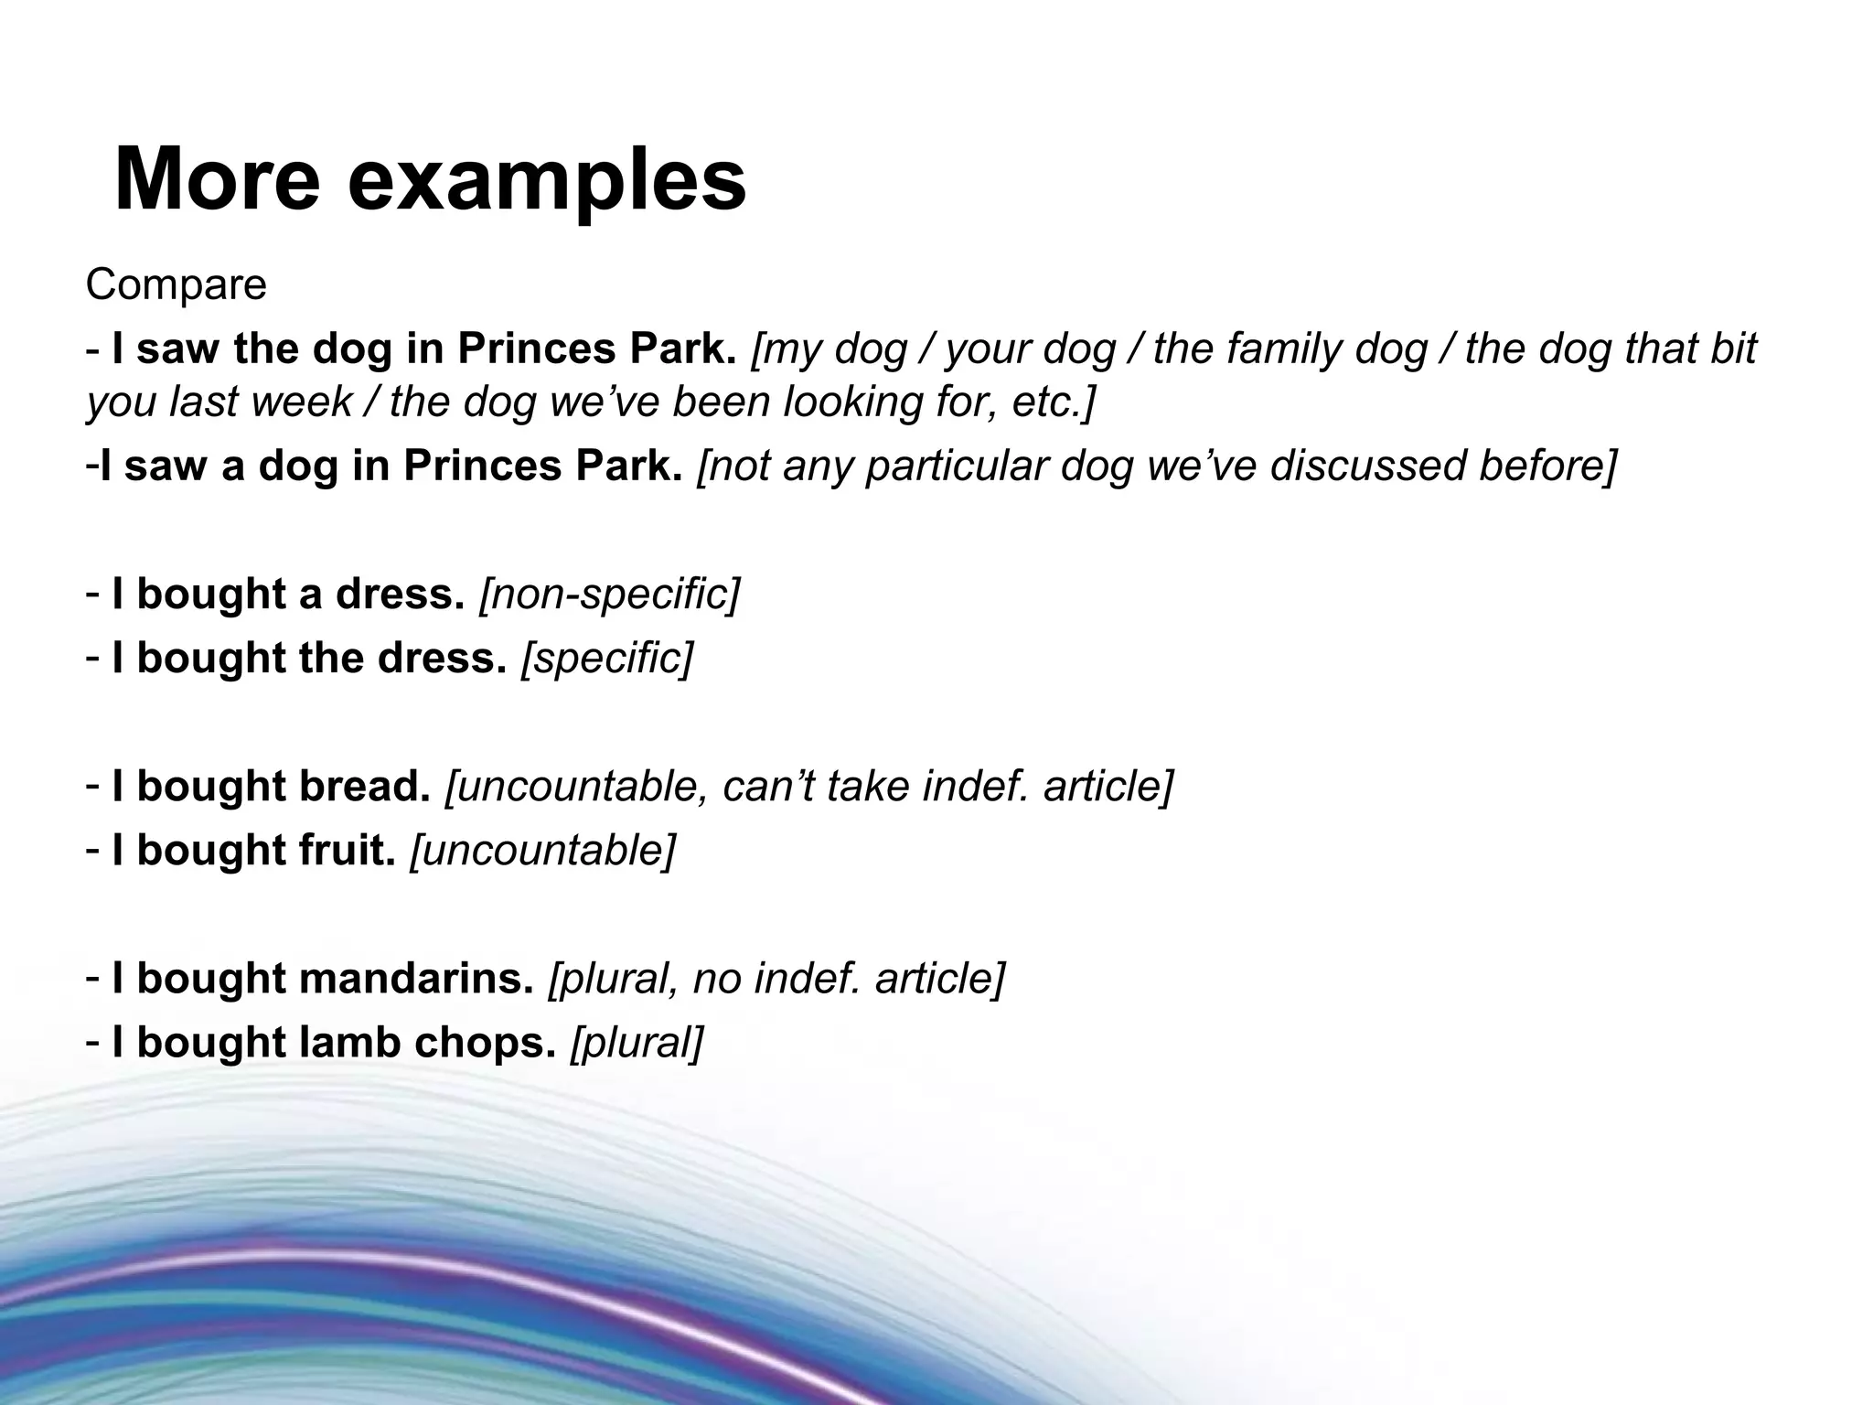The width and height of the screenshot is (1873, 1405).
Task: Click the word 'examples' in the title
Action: pos(547,181)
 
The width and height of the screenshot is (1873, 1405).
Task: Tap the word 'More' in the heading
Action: pos(217,179)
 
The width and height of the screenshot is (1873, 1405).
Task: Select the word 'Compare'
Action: pos(176,284)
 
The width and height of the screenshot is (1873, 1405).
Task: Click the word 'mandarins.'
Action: pos(415,979)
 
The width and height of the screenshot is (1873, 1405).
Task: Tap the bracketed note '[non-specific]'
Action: pos(609,595)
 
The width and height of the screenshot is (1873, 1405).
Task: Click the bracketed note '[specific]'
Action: pos(607,659)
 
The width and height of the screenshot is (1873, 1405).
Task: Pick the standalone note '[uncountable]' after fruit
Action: pos(542,851)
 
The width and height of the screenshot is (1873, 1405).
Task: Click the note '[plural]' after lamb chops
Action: pos(637,1043)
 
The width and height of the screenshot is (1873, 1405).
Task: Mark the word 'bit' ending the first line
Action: pos(1732,349)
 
